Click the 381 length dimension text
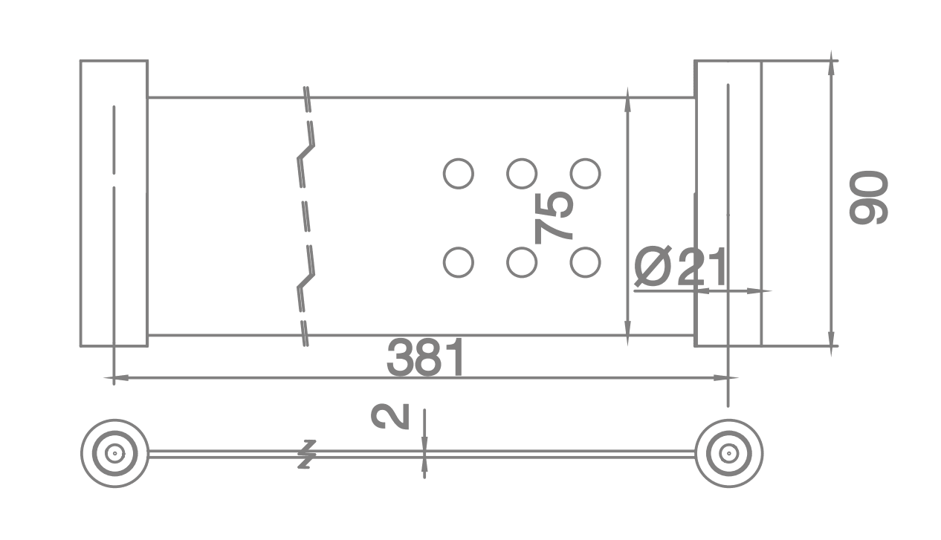coord(425,358)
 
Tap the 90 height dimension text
coord(869,198)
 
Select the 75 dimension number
coord(553,218)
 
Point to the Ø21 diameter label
coord(680,267)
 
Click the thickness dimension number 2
coord(390,417)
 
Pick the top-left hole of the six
coord(459,173)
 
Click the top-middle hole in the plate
coord(522,173)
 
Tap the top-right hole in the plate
coord(585,173)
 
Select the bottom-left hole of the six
coord(459,262)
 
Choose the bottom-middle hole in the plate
coord(522,262)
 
